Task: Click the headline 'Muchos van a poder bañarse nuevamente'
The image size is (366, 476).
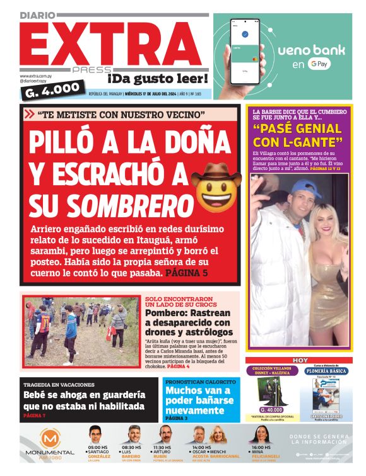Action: tap(201, 400)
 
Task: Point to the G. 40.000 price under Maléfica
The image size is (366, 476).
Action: tap(268, 409)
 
